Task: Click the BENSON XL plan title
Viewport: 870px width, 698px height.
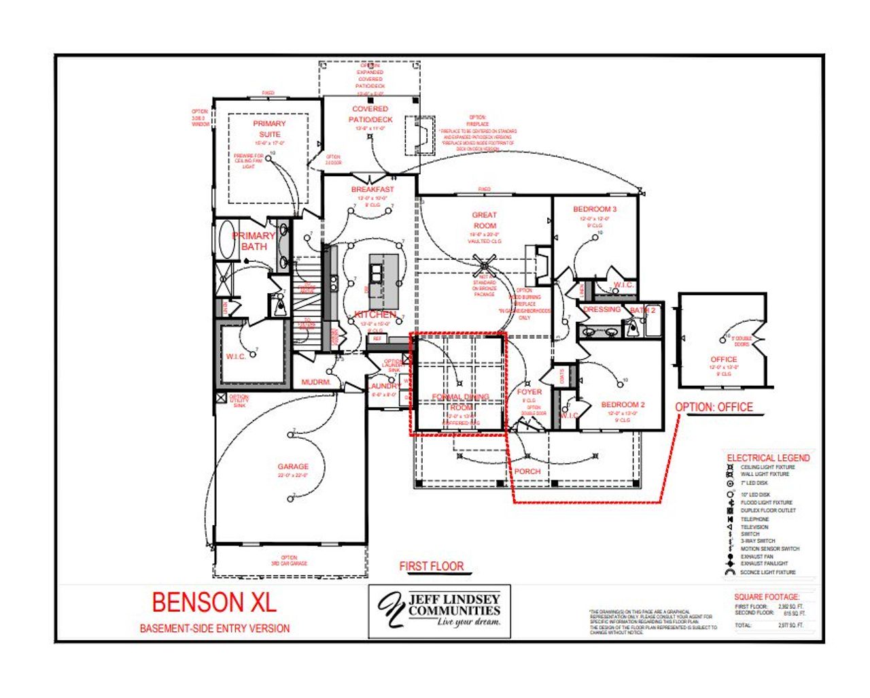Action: coord(214,603)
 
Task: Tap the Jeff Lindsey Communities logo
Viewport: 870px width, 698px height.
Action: coord(439,610)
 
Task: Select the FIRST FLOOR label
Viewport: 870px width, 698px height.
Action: coord(432,566)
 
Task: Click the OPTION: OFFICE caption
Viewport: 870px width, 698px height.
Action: coord(714,407)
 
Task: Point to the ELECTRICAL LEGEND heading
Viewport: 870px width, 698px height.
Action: coord(768,458)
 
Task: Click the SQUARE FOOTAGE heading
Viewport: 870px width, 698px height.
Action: coord(767,597)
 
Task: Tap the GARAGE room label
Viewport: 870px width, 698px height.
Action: coord(293,467)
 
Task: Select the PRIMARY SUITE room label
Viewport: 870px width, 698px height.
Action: coord(269,129)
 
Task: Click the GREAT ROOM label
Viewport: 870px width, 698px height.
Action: coord(485,220)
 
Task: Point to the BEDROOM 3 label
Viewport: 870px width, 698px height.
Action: coord(595,209)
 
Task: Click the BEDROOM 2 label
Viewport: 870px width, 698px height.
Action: coord(623,405)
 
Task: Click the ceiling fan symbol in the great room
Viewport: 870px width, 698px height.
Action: coord(485,265)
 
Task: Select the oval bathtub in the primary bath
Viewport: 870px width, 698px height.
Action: coord(227,240)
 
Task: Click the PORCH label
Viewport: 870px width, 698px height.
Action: coord(527,471)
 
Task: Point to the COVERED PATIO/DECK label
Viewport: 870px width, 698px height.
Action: coord(370,114)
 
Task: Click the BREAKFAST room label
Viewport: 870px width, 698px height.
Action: coord(372,189)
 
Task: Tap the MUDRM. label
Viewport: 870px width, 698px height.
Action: coord(315,382)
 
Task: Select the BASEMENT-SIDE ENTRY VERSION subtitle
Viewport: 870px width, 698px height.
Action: coord(215,629)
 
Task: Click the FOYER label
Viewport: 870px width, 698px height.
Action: coord(529,392)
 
